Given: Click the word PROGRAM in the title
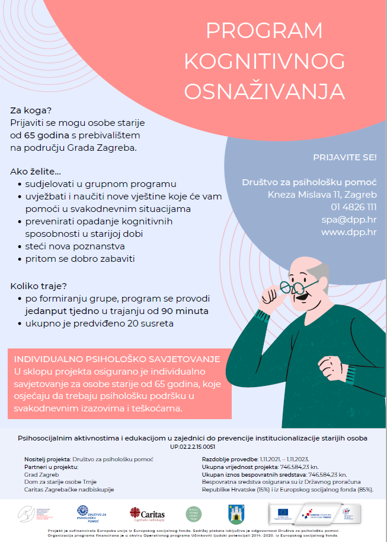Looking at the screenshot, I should pyautogui.click(x=264, y=30).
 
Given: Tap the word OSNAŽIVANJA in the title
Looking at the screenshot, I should pyautogui.click(x=264, y=91).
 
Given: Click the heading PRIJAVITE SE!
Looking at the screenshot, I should pyautogui.click(x=344, y=157).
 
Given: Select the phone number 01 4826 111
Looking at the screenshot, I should pyautogui.click(x=354, y=207).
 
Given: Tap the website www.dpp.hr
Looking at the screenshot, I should pyautogui.click(x=348, y=232).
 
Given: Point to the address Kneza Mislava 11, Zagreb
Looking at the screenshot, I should pyautogui.click(x=322, y=194).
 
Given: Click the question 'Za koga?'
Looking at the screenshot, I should pyautogui.click(x=31, y=110).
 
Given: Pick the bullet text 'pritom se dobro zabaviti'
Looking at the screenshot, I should pyautogui.click(x=76, y=259).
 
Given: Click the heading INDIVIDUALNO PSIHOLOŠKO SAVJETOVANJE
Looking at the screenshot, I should pyautogui.click(x=117, y=360).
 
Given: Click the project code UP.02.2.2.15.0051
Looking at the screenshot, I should pyautogui.click(x=193, y=446).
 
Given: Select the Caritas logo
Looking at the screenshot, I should pyautogui.click(x=147, y=514).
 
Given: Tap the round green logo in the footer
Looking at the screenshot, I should pyautogui.click(x=194, y=514).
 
